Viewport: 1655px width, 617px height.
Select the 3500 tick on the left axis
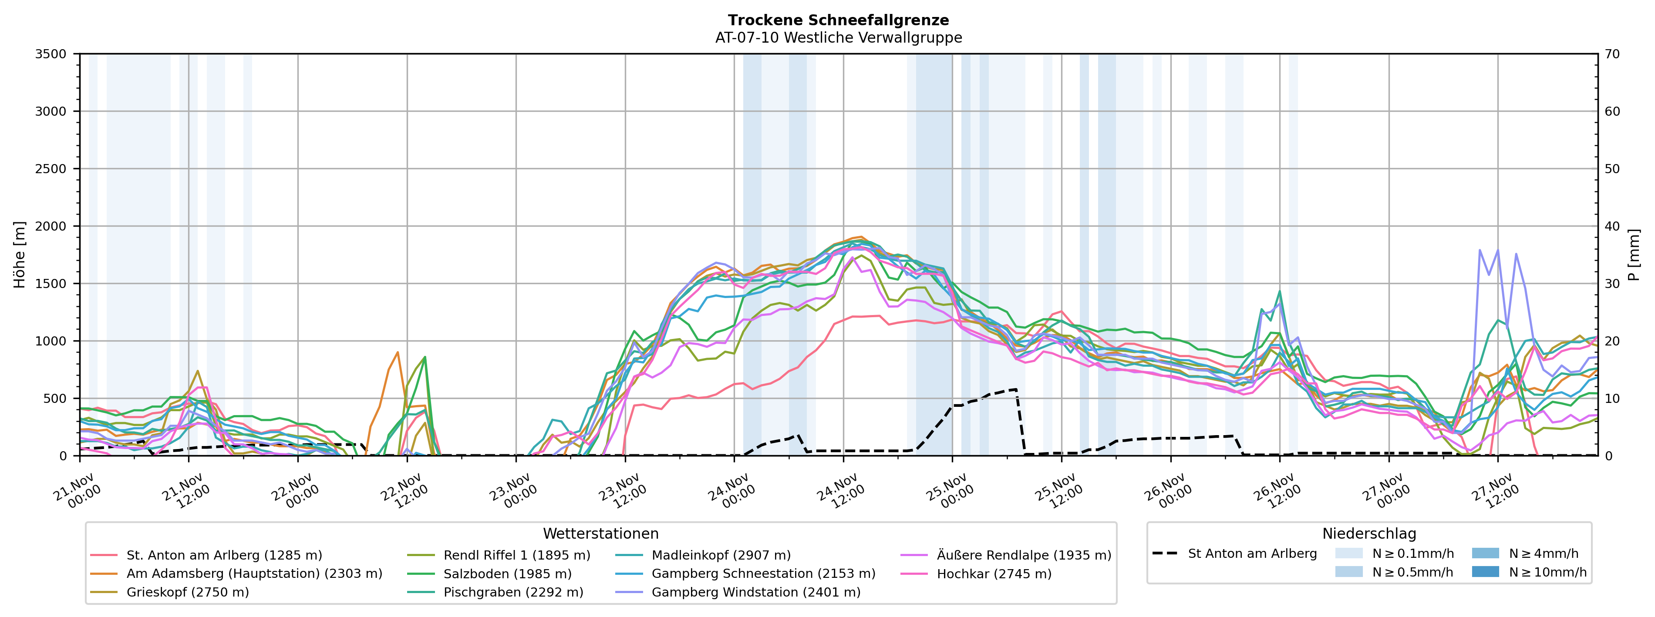(51, 54)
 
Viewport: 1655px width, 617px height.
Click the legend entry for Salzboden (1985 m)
(507, 574)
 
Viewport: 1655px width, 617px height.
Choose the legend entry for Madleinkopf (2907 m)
(721, 555)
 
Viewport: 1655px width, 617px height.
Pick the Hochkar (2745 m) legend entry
(994, 574)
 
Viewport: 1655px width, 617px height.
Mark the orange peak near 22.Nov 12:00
(398, 352)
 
